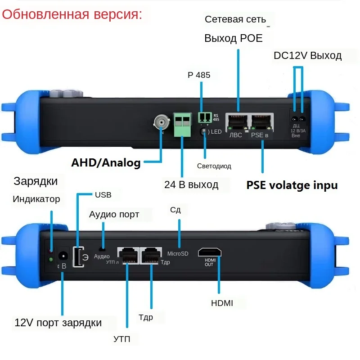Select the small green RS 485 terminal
pos(204,117)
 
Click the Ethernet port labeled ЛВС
pos(236,122)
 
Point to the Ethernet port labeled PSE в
pos(262,122)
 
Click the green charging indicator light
pos(51,260)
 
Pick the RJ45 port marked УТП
pos(128,255)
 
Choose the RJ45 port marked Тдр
pos(151,255)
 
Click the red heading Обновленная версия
pos(72,14)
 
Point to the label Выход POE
pos(233,38)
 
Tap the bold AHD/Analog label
pos(106,163)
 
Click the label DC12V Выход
pos(307,56)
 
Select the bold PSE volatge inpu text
pos(292,185)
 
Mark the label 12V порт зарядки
pos(58,323)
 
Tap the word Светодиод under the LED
pos(214,166)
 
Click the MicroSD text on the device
pos(178,254)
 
